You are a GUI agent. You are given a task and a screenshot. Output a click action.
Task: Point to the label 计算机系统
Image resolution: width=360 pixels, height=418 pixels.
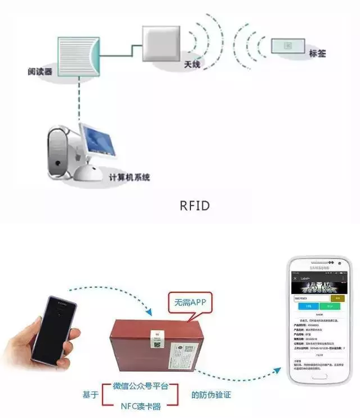129,177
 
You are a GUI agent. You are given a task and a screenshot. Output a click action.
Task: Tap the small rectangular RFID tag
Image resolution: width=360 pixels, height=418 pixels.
288,46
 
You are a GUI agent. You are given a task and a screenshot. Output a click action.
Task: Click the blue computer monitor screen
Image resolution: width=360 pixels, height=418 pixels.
98,139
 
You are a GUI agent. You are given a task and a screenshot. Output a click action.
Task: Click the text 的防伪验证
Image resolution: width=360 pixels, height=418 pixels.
211,395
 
